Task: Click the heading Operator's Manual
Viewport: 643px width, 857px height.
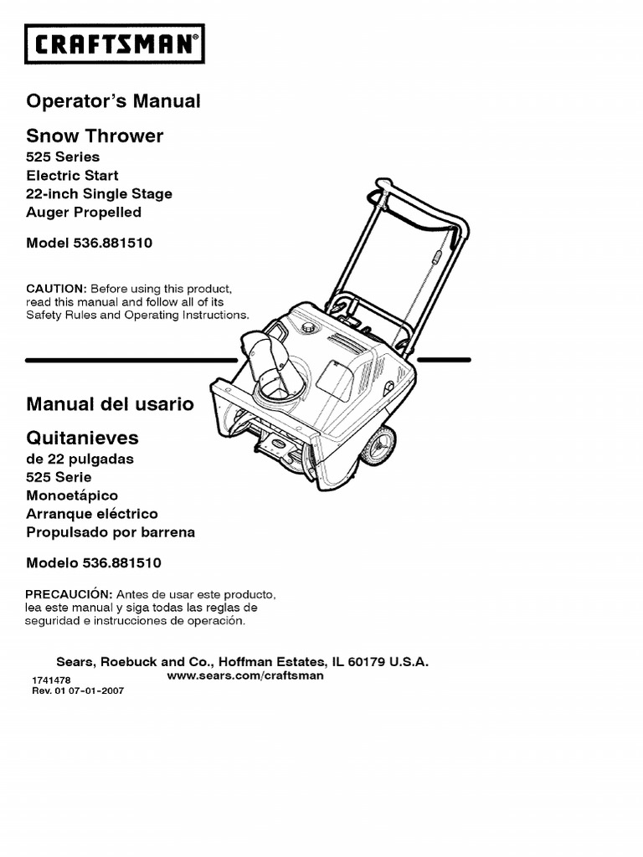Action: click(113, 101)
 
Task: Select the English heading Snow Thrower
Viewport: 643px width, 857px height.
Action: click(95, 136)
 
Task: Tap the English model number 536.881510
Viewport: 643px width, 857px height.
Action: click(113, 243)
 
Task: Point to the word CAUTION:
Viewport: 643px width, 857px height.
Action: click(56, 289)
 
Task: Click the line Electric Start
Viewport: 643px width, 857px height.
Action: click(72, 176)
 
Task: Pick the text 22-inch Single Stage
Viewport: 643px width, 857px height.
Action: click(99, 194)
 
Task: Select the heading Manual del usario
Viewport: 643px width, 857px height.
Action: click(110, 404)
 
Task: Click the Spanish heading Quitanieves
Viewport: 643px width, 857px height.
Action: click(83, 438)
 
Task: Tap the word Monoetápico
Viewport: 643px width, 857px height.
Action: click(72, 495)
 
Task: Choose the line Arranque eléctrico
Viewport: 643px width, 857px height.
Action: click(92, 514)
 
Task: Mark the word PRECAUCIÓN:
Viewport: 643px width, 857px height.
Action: click(69, 593)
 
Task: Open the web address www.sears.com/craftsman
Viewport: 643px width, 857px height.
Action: click(245, 675)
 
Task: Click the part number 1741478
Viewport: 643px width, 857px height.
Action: click(51, 680)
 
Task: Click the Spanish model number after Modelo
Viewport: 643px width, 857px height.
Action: click(122, 563)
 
